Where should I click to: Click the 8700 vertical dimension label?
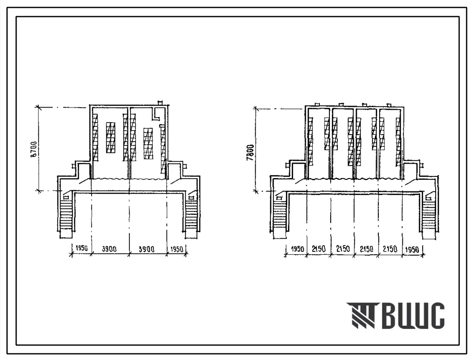pyautogui.click(x=35, y=148)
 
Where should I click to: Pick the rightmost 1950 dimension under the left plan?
pyautogui.click(x=177, y=249)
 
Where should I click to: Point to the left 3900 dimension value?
pyautogui.click(x=109, y=249)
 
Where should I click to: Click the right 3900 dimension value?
pyautogui.click(x=147, y=249)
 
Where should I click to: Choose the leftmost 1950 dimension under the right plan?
pyautogui.click(x=298, y=249)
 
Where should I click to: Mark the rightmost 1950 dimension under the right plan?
pyautogui.click(x=412, y=249)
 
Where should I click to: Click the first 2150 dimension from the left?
pyautogui.click(x=319, y=249)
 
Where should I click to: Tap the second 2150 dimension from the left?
pyautogui.click(x=343, y=249)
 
